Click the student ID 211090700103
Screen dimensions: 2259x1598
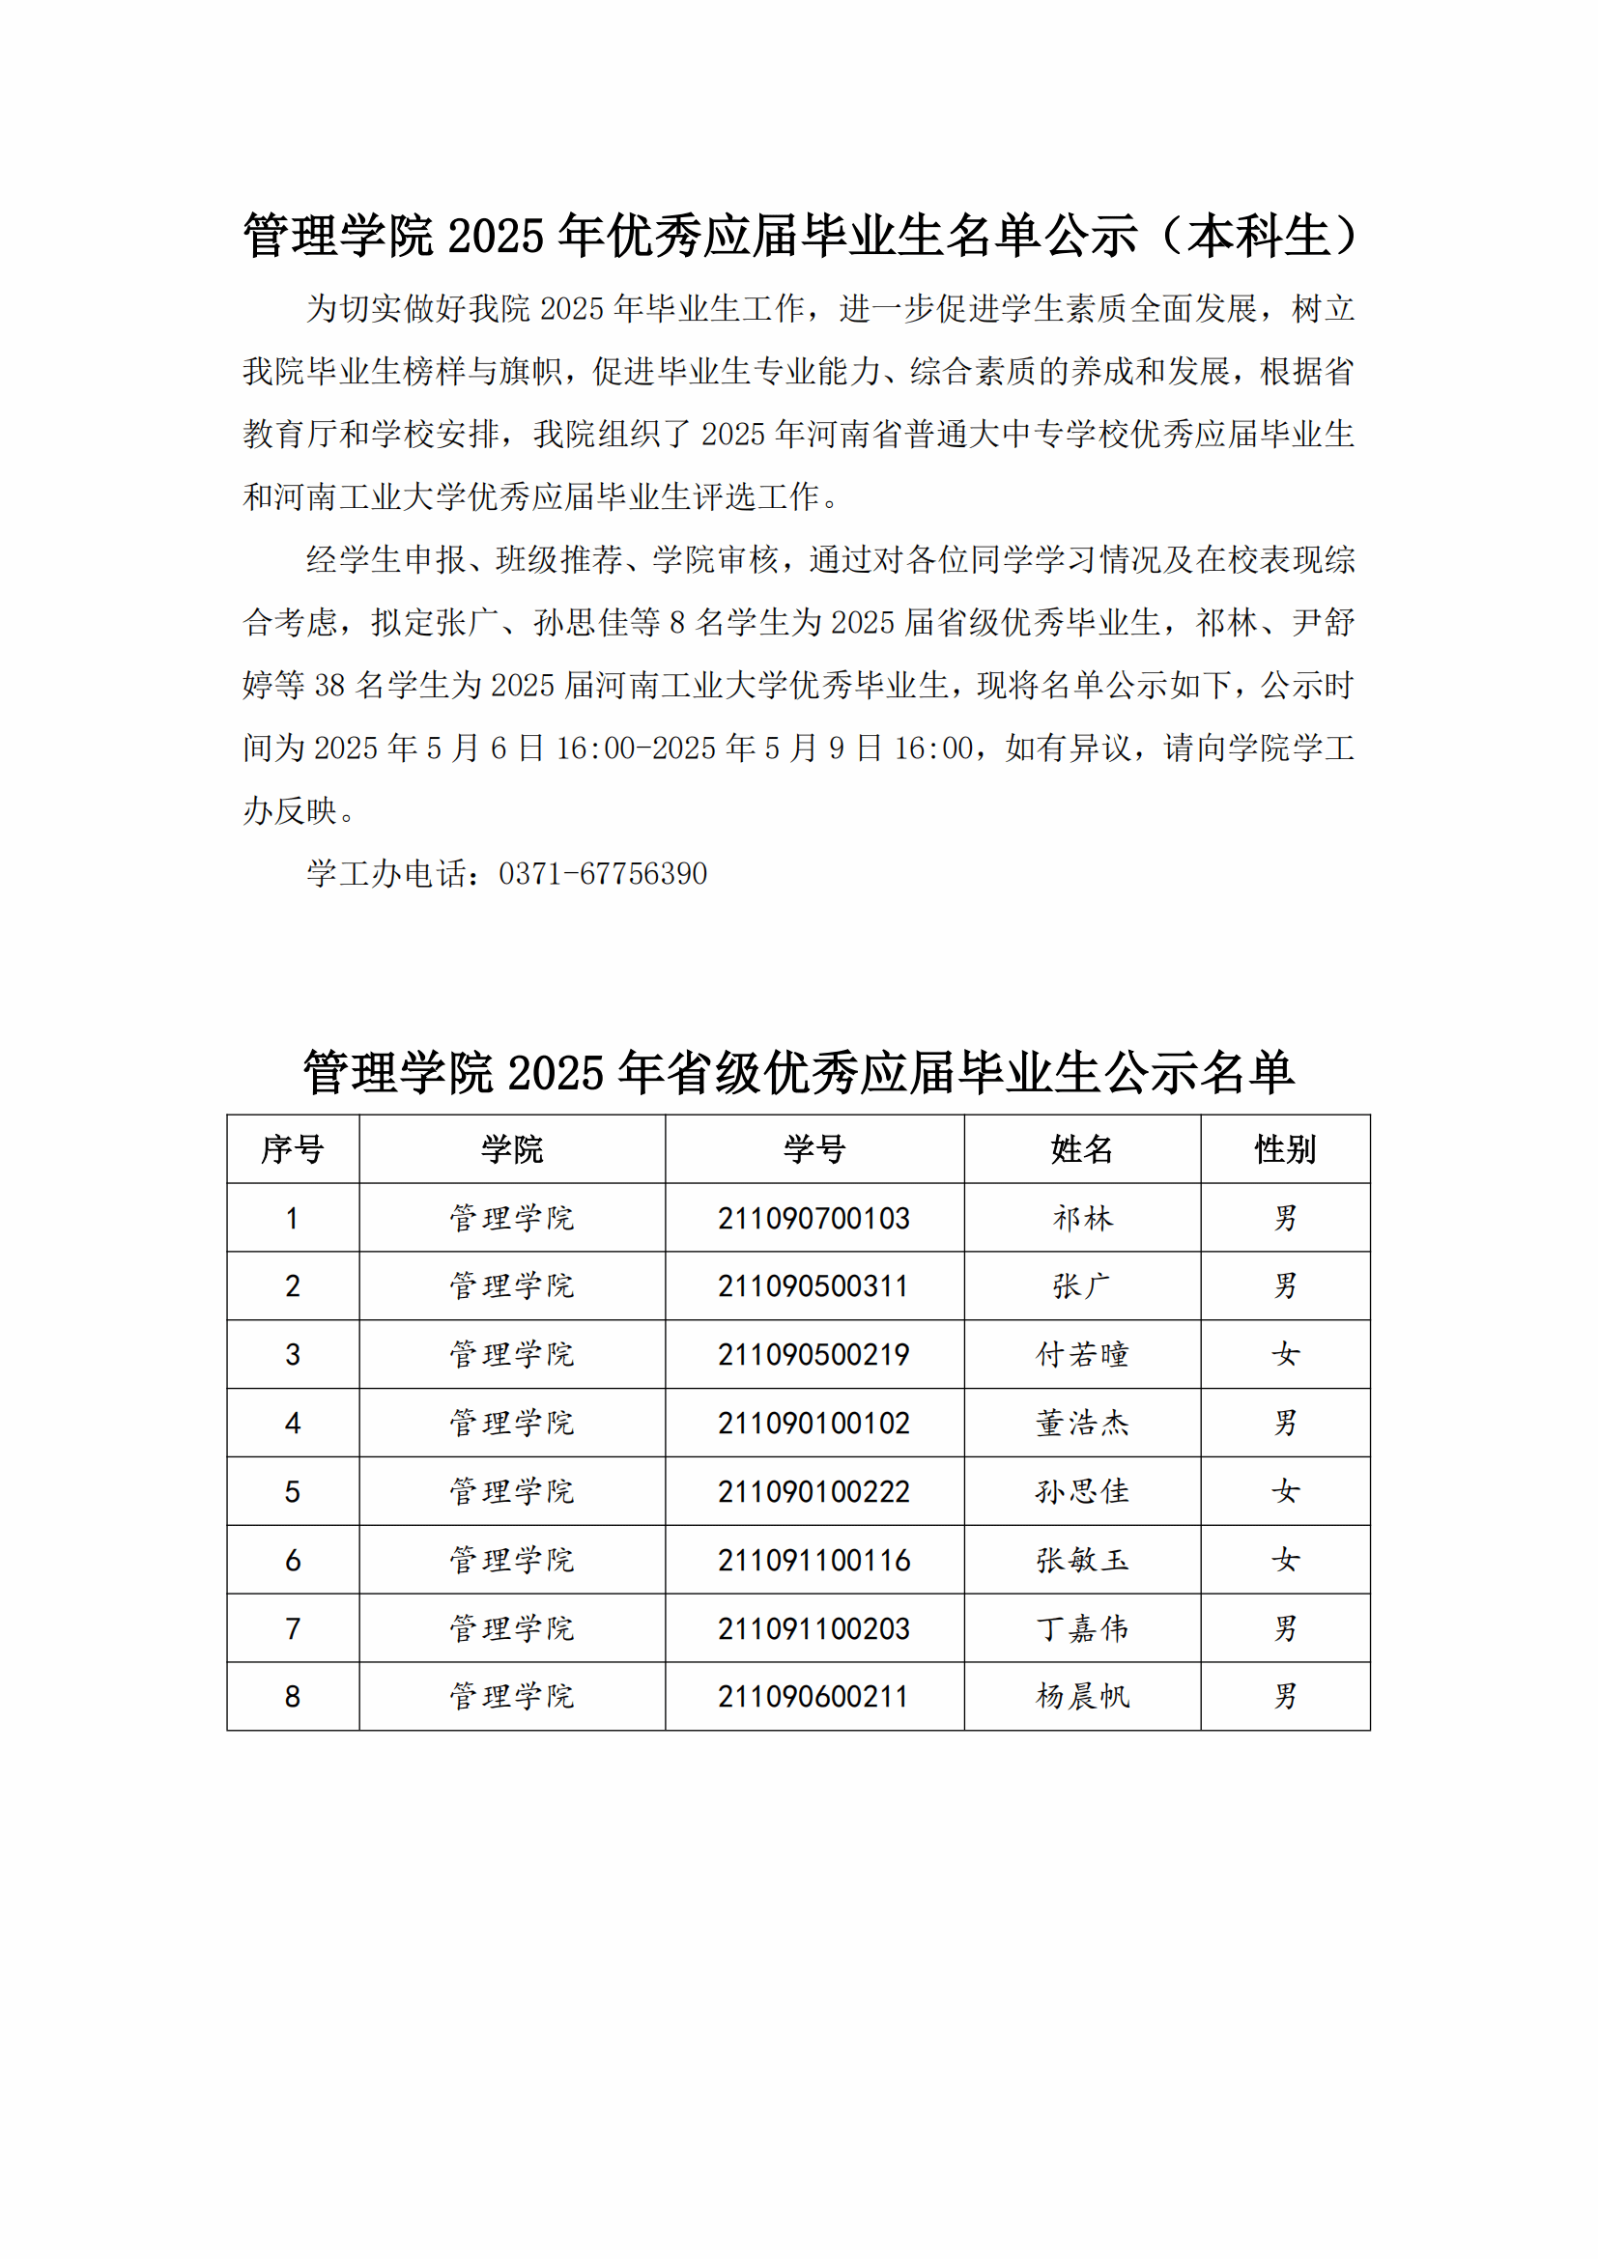(x=813, y=1218)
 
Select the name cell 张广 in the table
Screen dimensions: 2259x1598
(x=1081, y=1285)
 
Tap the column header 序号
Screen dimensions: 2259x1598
(x=292, y=1149)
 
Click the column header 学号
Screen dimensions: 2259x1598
(x=813, y=1149)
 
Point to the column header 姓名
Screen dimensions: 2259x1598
(x=1081, y=1149)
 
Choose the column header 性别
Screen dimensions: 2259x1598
(x=1284, y=1149)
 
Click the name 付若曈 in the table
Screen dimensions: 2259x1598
(x=1081, y=1355)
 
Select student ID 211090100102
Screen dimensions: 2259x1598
(x=813, y=1423)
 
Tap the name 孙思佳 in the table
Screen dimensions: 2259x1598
(x=1081, y=1491)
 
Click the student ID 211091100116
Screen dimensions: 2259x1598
(x=813, y=1560)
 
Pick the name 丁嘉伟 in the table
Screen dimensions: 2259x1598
(x=1081, y=1628)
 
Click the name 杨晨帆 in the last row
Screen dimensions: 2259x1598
(x=1081, y=1696)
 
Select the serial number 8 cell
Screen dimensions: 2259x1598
(x=292, y=1696)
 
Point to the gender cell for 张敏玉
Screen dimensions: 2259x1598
(x=1284, y=1560)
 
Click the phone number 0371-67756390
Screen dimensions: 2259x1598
(x=602, y=874)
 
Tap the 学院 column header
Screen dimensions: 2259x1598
(x=512, y=1149)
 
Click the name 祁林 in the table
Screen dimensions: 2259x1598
(x=1081, y=1218)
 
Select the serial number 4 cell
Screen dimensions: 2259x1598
(x=292, y=1423)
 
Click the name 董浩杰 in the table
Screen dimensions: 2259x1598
(x=1081, y=1423)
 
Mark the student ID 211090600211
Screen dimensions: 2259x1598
(x=813, y=1696)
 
